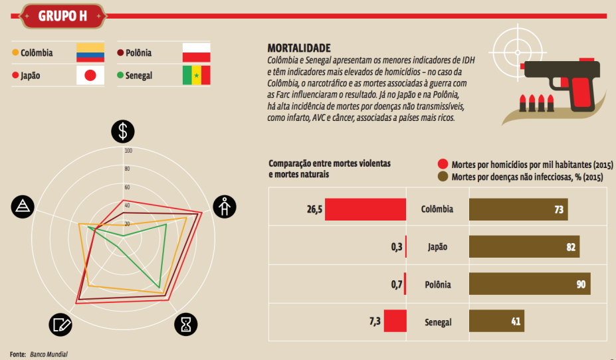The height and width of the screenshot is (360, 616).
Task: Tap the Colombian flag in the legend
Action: pyautogui.click(x=90, y=53)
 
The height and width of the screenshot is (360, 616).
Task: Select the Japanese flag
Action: pyautogui.click(x=90, y=76)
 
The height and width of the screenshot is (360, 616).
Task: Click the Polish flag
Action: pyautogui.click(x=196, y=53)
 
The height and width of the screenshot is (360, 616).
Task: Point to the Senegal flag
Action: pyautogui.click(x=196, y=76)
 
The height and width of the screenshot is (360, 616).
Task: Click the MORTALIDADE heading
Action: pyautogui.click(x=299, y=48)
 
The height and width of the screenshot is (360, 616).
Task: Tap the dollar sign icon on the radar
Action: pyautogui.click(x=122, y=132)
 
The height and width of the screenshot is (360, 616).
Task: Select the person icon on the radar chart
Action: pyautogui.click(x=225, y=207)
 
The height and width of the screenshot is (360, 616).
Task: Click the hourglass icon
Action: pyautogui.click(x=186, y=323)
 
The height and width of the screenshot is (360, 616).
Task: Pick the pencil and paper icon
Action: pyautogui.click(x=60, y=324)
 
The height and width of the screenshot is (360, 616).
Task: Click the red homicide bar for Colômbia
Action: pyautogui.click(x=365, y=209)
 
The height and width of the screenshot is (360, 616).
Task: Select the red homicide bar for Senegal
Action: pyautogui.click(x=395, y=321)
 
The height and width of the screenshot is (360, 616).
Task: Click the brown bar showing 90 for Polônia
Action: pyautogui.click(x=530, y=284)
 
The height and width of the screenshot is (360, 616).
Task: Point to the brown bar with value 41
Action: pyautogui.click(x=496, y=321)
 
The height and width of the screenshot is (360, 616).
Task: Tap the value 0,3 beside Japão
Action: pyautogui.click(x=397, y=246)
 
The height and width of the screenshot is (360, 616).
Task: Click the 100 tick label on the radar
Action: pyautogui.click(x=129, y=151)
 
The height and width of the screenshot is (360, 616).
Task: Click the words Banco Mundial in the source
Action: pyautogui.click(x=49, y=354)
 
